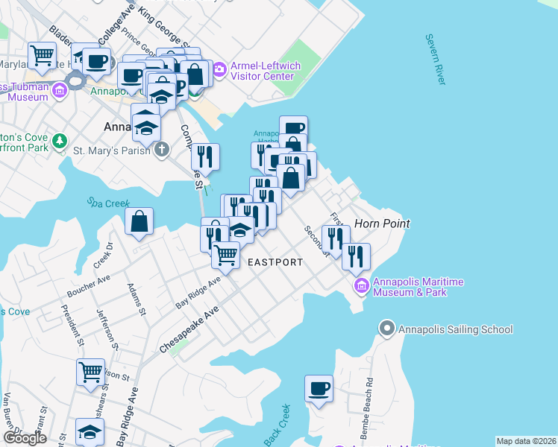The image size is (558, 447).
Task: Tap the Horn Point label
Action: [381, 223]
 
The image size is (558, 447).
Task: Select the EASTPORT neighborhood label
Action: [275, 262]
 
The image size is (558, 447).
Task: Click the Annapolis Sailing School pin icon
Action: [386, 329]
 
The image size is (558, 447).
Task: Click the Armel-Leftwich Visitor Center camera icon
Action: [219, 71]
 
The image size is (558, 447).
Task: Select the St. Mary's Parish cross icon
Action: [161, 150]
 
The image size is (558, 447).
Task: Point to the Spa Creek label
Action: [109, 202]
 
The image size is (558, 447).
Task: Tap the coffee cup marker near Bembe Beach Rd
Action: [319, 388]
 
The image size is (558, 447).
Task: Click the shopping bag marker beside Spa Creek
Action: [139, 221]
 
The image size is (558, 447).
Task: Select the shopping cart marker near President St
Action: [90, 372]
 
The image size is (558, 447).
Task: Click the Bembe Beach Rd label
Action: [369, 407]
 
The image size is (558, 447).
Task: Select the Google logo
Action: [25, 438]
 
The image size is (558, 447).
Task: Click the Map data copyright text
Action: [526, 441]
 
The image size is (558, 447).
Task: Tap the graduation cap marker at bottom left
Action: [90, 432]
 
